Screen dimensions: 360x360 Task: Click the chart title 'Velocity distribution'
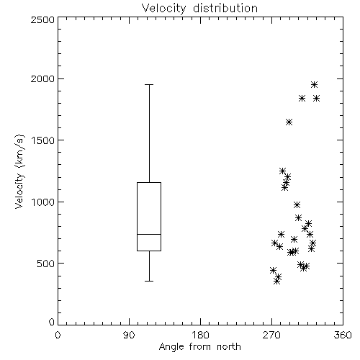tap(199, 9)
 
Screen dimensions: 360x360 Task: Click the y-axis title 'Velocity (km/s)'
tap(19, 171)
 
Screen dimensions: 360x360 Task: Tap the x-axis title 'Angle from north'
tap(199, 347)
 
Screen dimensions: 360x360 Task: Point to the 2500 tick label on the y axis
tap(42, 19)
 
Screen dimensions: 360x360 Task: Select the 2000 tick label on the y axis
tap(42, 79)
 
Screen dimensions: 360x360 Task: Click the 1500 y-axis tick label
tap(42, 140)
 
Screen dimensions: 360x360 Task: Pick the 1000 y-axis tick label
tap(42, 202)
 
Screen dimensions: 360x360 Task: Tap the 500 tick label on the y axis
tap(46, 264)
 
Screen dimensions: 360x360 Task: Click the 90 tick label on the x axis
tap(129, 335)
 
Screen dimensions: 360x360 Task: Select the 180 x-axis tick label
tap(200, 335)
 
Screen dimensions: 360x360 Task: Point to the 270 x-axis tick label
tap(271, 335)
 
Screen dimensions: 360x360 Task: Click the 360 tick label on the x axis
tap(343, 335)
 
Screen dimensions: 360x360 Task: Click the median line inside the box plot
tap(149, 234)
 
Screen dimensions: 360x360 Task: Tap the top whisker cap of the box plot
tap(149, 85)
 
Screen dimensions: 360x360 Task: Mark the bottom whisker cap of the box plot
tap(149, 281)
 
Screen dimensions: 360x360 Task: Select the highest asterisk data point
tap(314, 84)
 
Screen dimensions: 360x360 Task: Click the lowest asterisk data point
tap(277, 282)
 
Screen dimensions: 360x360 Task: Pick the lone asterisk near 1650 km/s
tap(289, 122)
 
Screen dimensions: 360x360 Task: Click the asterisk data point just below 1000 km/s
tap(297, 204)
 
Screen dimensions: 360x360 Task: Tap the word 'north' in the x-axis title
tap(229, 347)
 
